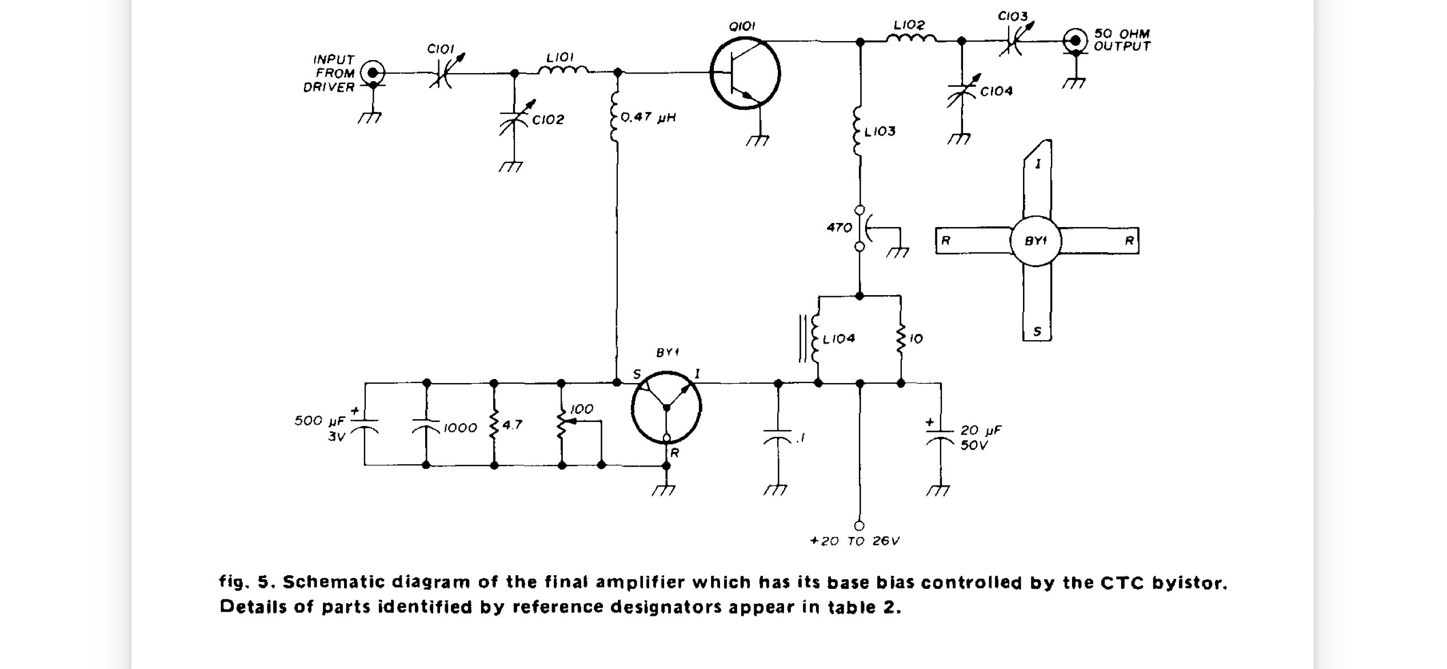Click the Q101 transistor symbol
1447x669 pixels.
[745, 73]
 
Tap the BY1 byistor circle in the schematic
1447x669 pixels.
[666, 408]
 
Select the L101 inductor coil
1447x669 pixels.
[563, 70]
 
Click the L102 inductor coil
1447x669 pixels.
[911, 38]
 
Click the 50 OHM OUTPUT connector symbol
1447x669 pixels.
[1076, 41]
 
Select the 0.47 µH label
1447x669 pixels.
[648, 118]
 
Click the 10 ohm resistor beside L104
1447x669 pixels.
[901, 339]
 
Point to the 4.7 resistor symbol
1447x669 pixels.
[494, 424]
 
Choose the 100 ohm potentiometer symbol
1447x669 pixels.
[562, 424]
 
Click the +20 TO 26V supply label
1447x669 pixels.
[855, 541]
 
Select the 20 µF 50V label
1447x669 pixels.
[981, 437]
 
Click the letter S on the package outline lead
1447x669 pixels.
[1037, 331]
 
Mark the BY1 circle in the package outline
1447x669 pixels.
[1036, 241]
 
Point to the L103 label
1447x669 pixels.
[880, 132]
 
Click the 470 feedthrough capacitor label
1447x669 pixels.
[840, 228]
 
